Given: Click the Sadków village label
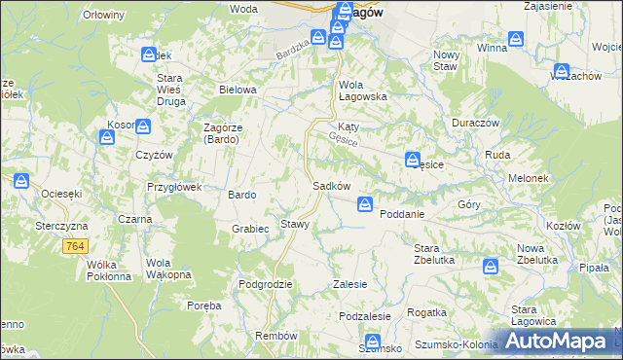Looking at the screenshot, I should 331,185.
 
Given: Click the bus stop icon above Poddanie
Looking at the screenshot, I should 365,203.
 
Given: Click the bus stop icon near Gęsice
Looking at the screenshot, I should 414,159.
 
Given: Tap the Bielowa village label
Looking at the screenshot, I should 238,90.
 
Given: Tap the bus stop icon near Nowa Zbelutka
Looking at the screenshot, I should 492,265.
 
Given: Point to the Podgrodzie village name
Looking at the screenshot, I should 266,284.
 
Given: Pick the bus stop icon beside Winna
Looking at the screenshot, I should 517,40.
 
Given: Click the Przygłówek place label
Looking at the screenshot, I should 173,187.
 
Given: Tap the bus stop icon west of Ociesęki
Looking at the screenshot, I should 20,181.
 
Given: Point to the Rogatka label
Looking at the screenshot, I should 426,312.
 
